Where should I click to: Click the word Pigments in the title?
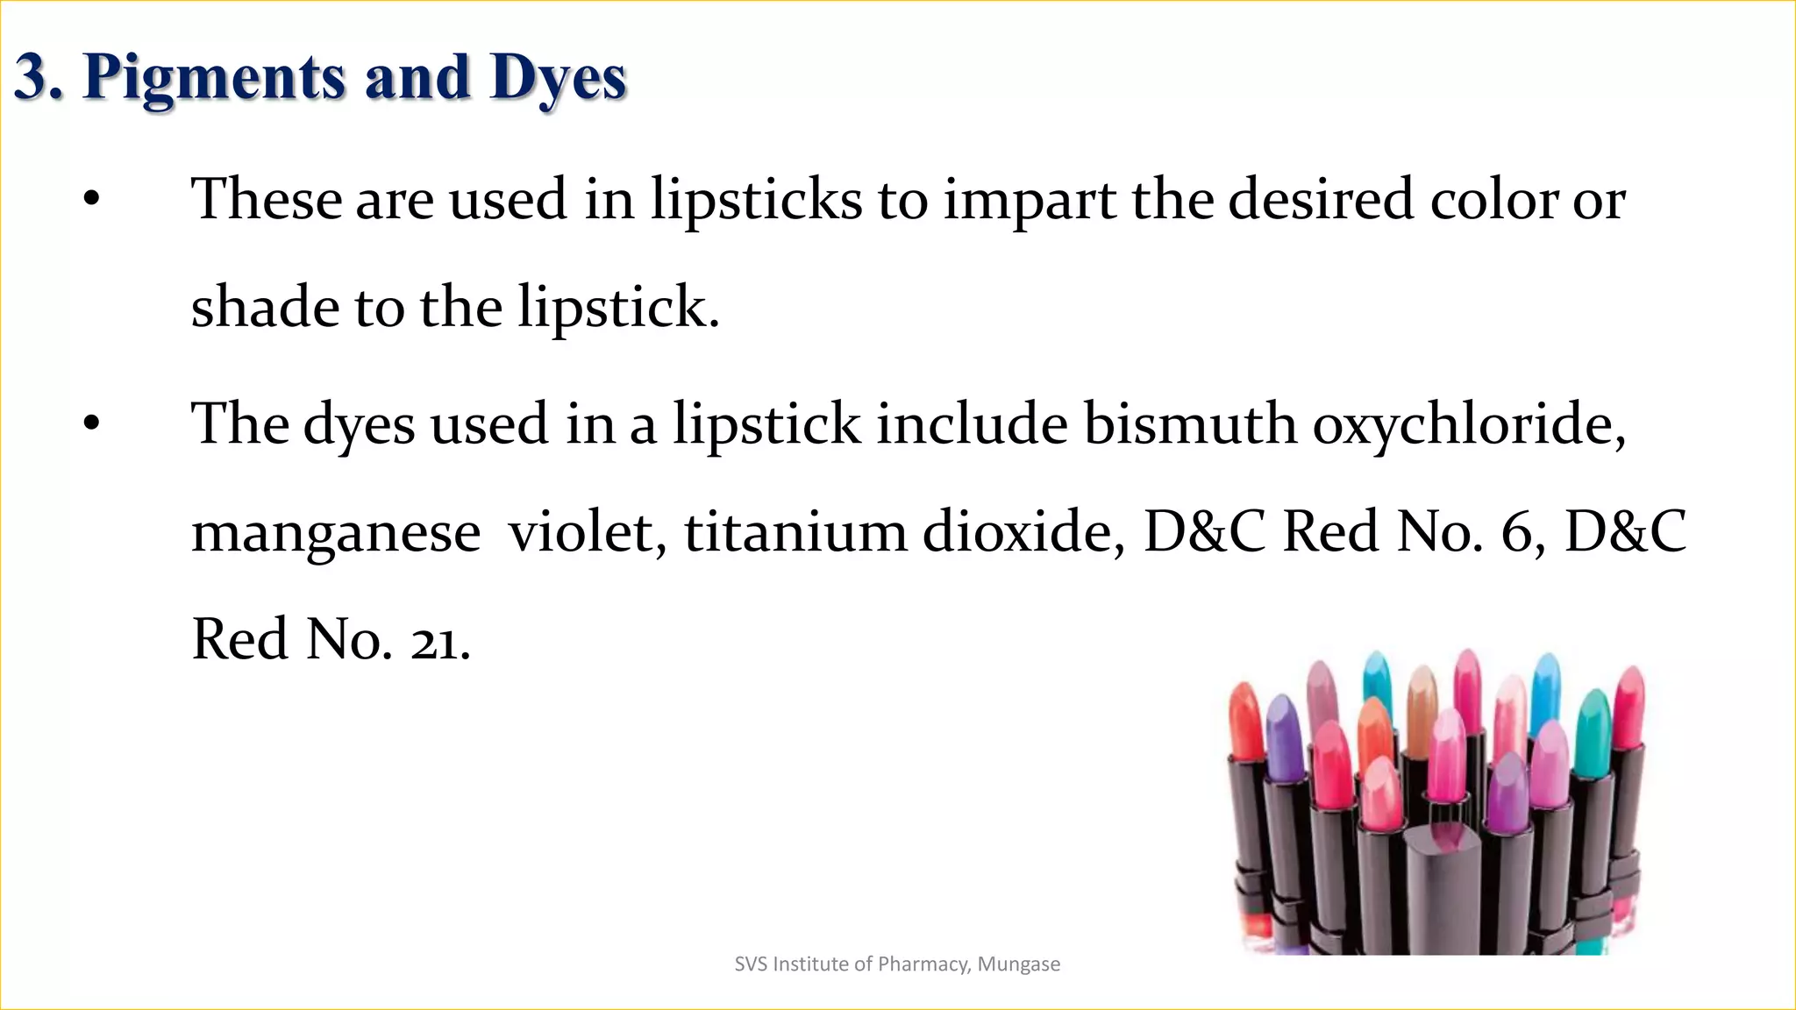coord(215,77)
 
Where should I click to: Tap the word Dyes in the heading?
coord(558,77)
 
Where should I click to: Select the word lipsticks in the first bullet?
coord(756,200)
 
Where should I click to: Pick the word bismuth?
coord(1190,424)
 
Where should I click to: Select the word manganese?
coord(336,533)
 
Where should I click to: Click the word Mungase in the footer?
coord(1019,964)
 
